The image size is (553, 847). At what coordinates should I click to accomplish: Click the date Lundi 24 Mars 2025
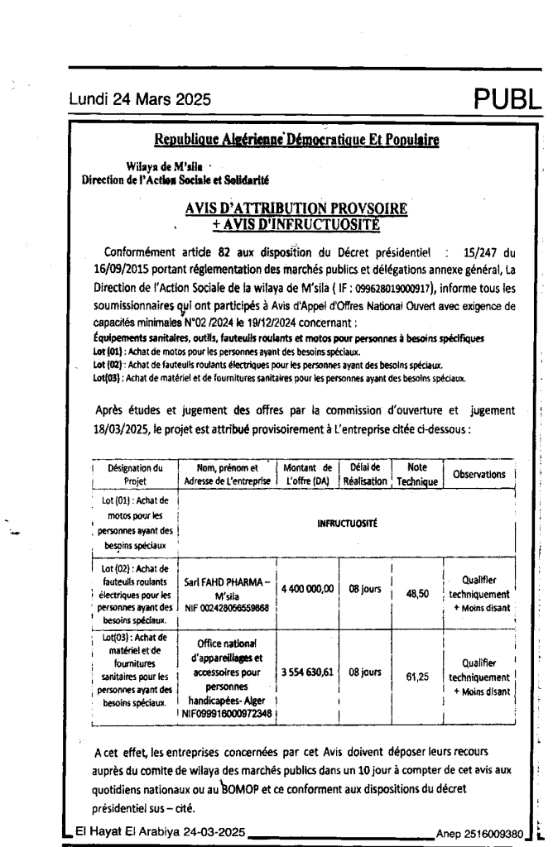(x=139, y=101)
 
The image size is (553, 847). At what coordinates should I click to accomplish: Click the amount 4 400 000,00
(x=305, y=588)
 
